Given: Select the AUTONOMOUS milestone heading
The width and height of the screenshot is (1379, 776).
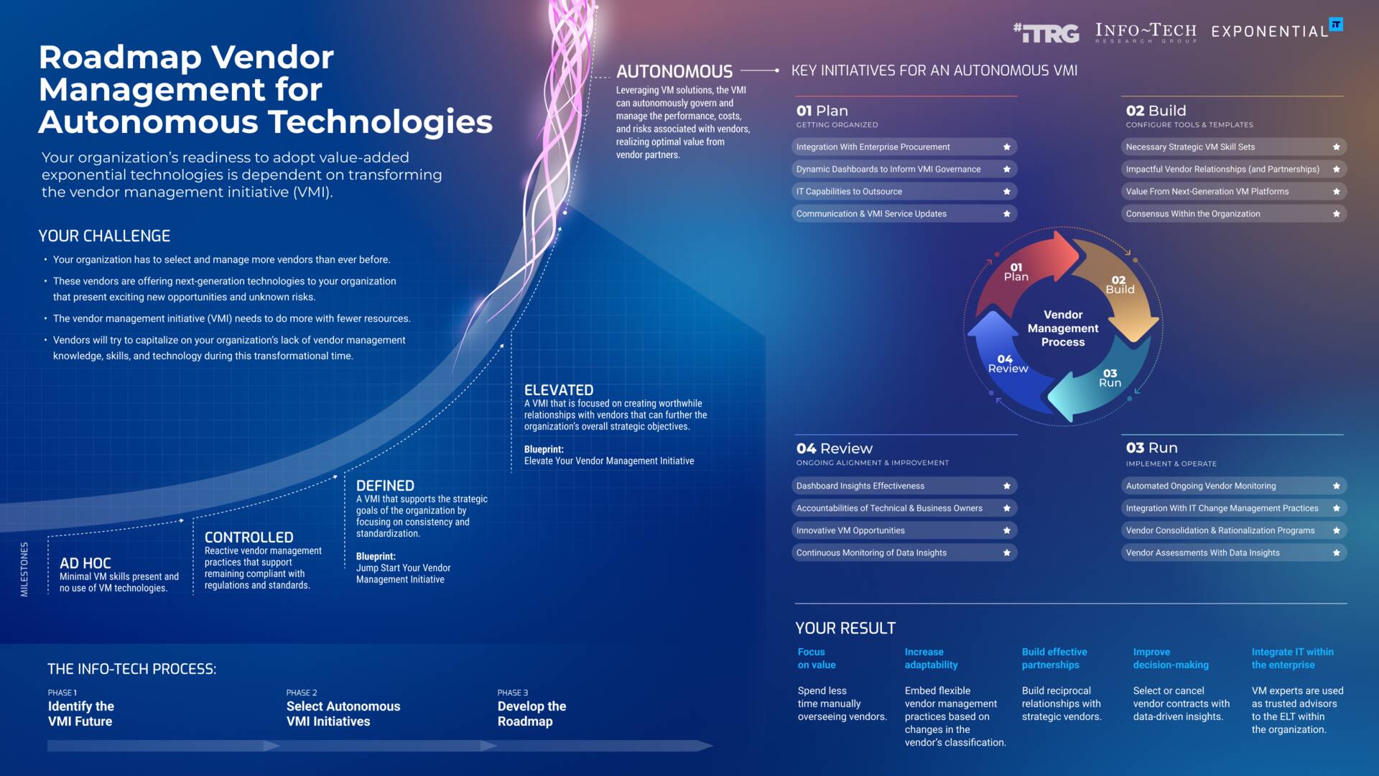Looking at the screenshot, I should pyautogui.click(x=674, y=71).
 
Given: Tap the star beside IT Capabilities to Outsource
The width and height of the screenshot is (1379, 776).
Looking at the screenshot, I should pyautogui.click(x=1006, y=192).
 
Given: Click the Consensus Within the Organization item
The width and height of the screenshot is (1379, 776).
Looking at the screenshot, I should pyautogui.click(x=1192, y=214).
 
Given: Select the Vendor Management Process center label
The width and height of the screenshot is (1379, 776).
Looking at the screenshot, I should pyautogui.click(x=1063, y=328).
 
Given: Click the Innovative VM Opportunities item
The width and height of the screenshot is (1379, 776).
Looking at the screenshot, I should pyautogui.click(x=850, y=531).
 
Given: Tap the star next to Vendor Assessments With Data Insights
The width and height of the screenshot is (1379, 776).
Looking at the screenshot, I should pyautogui.click(x=1336, y=553).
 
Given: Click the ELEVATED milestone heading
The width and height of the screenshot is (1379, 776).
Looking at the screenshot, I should pyautogui.click(x=558, y=390).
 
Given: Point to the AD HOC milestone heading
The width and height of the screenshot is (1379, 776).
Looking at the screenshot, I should pyautogui.click(x=85, y=563).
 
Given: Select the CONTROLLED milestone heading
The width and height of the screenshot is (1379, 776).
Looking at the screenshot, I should pyautogui.click(x=249, y=537).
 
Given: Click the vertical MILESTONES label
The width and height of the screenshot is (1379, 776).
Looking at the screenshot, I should pyautogui.click(x=24, y=569).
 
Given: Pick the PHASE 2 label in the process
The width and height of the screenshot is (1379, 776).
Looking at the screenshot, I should pyautogui.click(x=301, y=693).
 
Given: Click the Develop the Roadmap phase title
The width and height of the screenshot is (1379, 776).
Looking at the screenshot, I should pyautogui.click(x=531, y=713).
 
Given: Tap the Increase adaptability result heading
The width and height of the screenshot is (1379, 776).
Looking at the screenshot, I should pyautogui.click(x=931, y=658).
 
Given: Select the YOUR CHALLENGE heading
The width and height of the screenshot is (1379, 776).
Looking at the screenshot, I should pyautogui.click(x=104, y=236).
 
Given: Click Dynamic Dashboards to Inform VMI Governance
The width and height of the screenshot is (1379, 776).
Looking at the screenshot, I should pyautogui.click(x=888, y=170).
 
